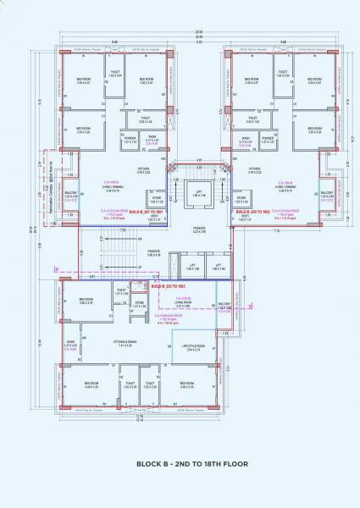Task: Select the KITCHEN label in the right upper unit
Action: click(x=255, y=168)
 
